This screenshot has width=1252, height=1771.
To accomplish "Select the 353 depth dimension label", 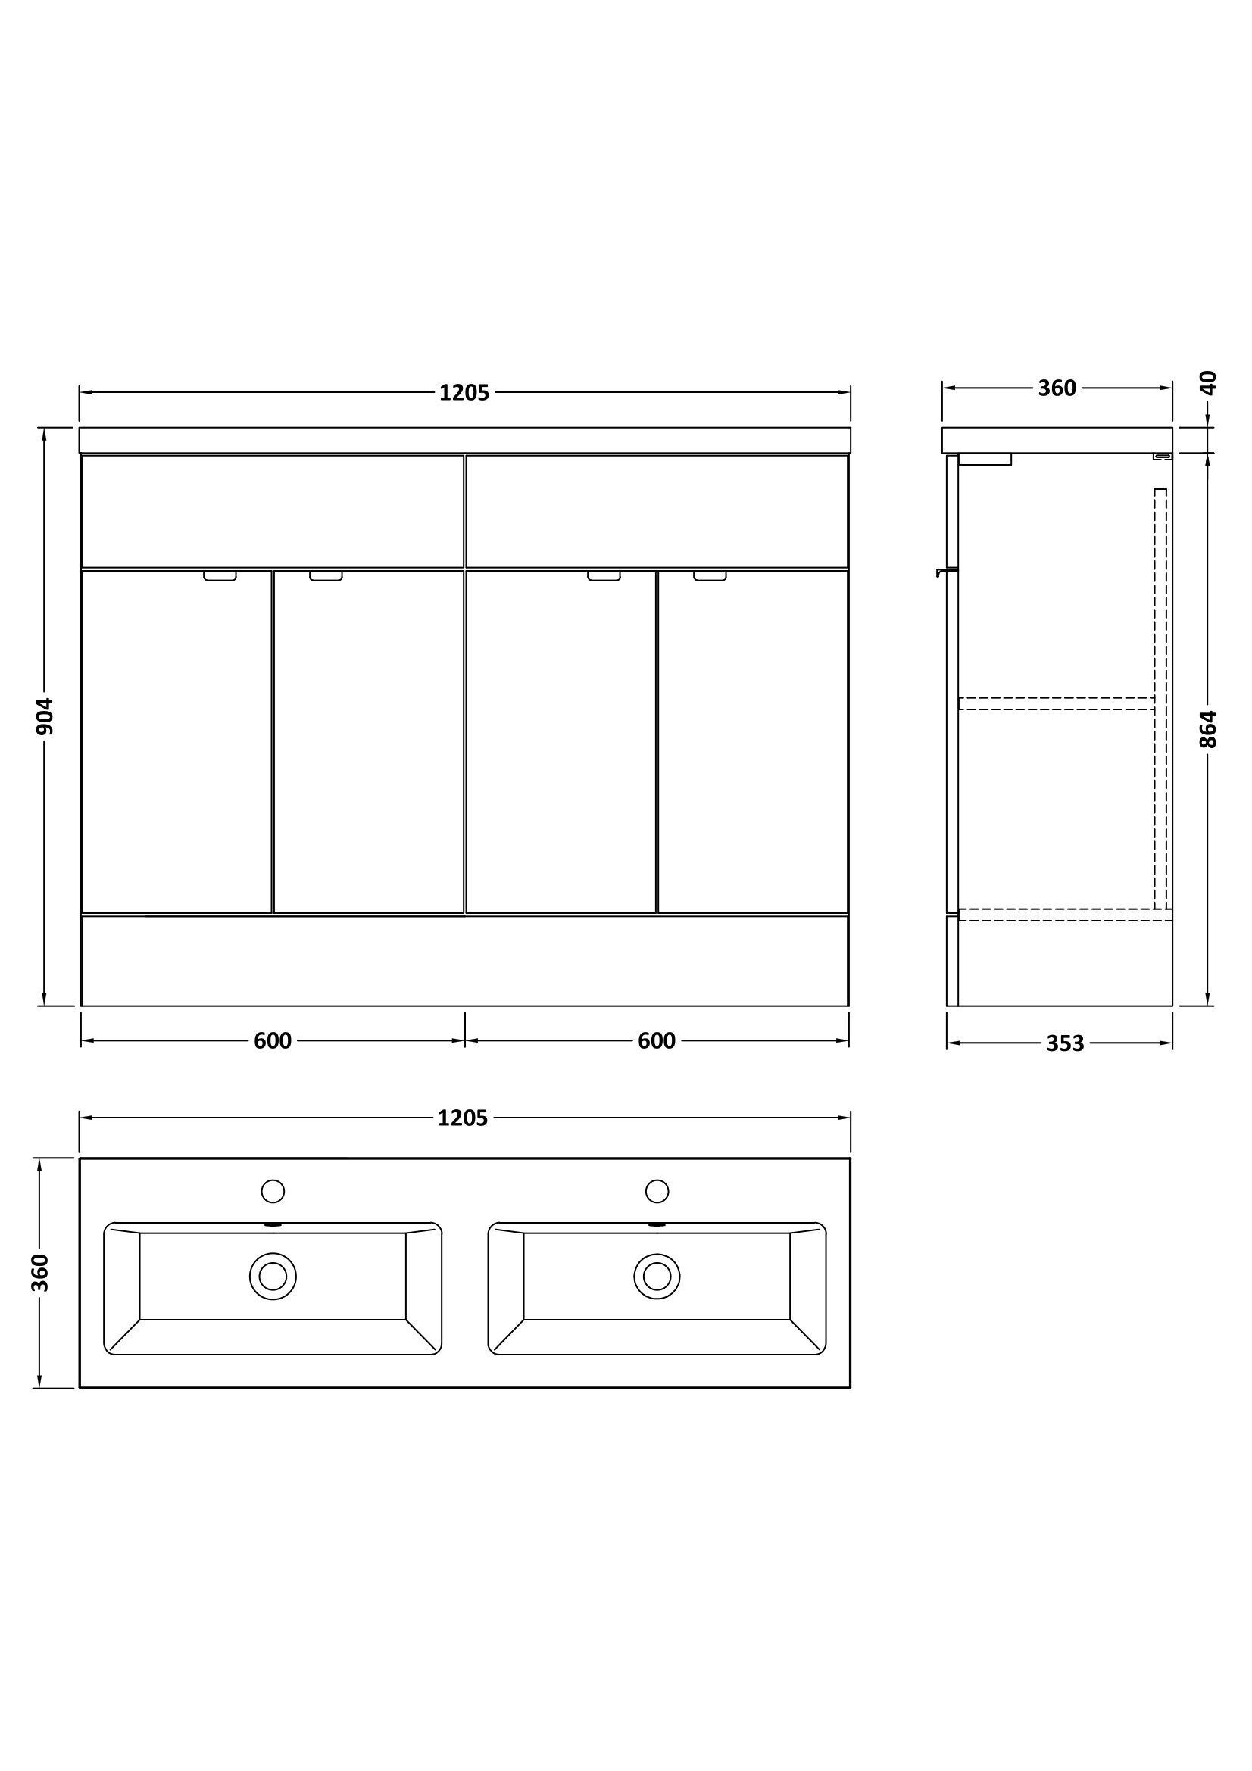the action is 1066,1043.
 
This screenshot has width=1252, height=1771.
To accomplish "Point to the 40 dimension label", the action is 1209,382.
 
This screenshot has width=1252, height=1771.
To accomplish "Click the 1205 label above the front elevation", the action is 464,394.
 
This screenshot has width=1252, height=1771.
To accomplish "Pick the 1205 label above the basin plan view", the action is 463,1118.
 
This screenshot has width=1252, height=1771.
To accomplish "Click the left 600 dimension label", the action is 273,1041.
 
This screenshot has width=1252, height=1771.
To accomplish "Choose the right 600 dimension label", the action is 657,1041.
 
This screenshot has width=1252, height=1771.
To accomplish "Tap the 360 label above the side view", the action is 1057,388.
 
